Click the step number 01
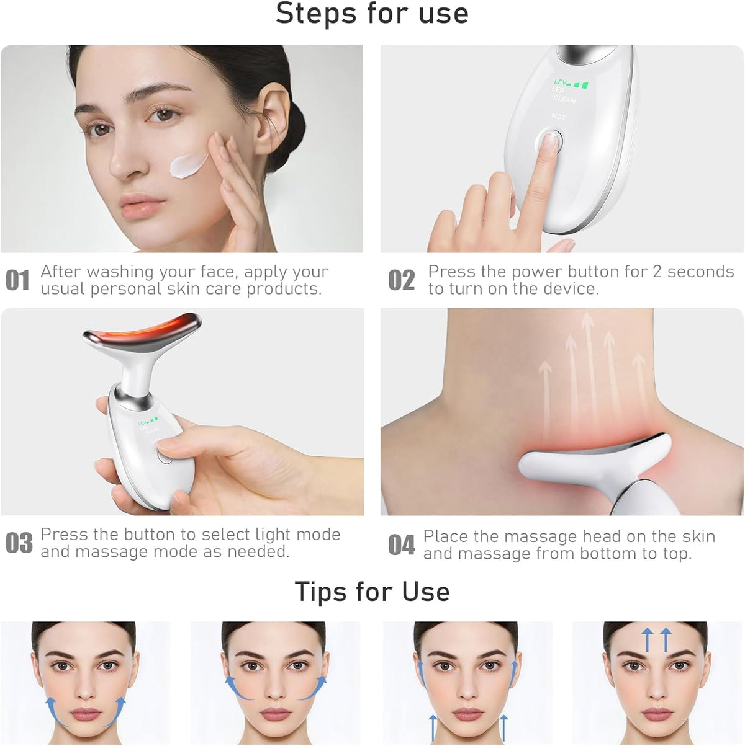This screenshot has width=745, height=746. (x=17, y=280)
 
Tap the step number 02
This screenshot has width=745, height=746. (x=402, y=280)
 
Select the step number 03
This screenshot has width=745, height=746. (x=19, y=543)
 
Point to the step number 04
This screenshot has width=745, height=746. (x=402, y=545)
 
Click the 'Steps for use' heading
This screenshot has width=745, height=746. (x=372, y=14)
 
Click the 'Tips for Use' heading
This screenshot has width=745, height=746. (x=372, y=592)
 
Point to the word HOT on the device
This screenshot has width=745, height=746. (x=559, y=117)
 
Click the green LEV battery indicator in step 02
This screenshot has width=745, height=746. (x=571, y=82)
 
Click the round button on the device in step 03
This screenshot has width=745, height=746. (x=164, y=457)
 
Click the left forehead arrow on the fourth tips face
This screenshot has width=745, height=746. (x=647, y=639)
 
